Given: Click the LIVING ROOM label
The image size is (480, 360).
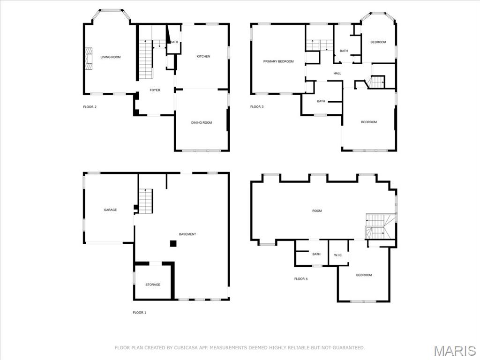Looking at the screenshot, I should pos(110,57).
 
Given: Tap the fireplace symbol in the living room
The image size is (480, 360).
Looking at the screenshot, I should pos(88,58).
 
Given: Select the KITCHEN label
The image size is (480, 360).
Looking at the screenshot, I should pos(203,56).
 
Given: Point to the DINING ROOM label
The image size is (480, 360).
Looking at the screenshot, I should pos(201,123).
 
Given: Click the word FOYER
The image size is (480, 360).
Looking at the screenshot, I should pos(155,90).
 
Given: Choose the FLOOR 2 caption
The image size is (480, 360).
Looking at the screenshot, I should pos(90,107).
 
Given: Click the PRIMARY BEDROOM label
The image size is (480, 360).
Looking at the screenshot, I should pos(278,61).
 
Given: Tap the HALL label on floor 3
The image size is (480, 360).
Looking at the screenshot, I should pos(337,74).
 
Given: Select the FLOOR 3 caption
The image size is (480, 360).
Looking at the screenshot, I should pos(256,107).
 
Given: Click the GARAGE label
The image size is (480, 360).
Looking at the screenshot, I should pos(110,210).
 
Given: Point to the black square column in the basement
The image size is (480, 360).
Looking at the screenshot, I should pos(173,243).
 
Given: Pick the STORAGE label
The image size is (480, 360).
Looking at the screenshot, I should pos(152,285).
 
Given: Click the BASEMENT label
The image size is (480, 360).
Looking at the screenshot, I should pos(187,234).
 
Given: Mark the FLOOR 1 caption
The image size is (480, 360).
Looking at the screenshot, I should pos(139,313).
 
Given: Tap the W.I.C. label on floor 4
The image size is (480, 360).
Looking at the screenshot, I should pos(338,255).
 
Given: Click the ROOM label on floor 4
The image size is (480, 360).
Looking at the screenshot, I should pos(317,211).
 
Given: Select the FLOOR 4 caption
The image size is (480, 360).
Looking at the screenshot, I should pos(300,279).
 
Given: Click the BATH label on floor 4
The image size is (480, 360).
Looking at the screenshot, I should pos(316,255).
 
